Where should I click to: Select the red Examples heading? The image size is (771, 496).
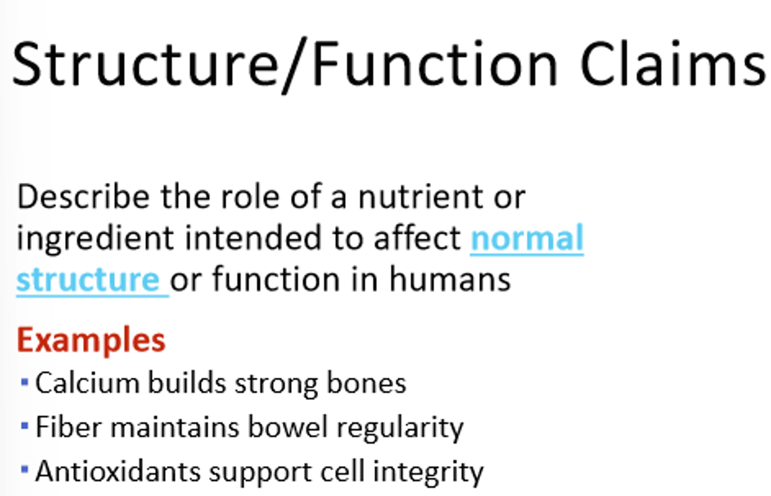point(91,340)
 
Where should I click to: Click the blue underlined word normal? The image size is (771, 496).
point(527,238)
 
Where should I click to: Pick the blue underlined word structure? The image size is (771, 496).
point(88,280)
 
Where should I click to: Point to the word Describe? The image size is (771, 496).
point(83,197)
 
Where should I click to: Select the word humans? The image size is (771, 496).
point(450,280)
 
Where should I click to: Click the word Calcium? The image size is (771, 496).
point(88,384)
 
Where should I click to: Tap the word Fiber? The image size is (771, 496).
point(68,427)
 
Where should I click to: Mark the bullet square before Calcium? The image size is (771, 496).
point(24,382)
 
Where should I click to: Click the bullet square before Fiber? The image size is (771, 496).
point(24,426)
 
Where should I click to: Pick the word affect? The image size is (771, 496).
point(417,238)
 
